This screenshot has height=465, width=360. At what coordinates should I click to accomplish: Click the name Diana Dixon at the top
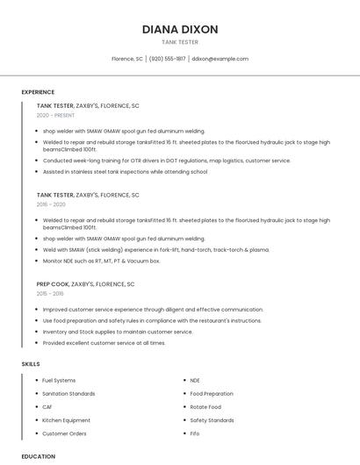click(x=180, y=29)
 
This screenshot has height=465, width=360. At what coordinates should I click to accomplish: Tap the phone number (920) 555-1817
click(x=167, y=59)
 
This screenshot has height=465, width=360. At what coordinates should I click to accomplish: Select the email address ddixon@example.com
click(x=220, y=59)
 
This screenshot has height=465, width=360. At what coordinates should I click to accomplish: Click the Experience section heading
click(x=38, y=92)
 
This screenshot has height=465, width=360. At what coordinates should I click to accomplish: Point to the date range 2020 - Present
click(x=55, y=115)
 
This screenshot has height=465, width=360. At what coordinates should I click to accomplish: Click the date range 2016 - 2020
click(x=51, y=204)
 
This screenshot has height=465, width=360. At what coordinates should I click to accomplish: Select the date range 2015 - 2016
click(x=50, y=294)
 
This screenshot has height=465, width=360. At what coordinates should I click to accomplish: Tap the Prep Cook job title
click(x=54, y=284)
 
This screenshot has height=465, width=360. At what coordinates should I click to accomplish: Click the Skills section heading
click(x=31, y=363)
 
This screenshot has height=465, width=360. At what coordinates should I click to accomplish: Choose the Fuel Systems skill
click(x=59, y=381)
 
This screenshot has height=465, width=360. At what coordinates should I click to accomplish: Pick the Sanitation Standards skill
click(x=68, y=394)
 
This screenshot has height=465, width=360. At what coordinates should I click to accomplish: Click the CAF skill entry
click(x=47, y=407)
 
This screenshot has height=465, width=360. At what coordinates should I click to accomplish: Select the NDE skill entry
click(x=195, y=381)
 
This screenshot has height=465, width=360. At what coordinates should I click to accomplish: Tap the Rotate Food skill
click(x=205, y=407)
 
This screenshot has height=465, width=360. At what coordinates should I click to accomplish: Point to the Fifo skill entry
click(x=195, y=433)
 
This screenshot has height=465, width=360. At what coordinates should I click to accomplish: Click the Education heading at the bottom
click(x=38, y=456)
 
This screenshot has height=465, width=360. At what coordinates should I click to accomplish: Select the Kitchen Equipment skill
click(x=66, y=420)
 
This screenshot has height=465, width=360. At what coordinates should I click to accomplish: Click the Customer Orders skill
click(x=64, y=433)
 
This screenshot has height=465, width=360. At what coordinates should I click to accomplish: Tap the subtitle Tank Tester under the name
click(x=180, y=41)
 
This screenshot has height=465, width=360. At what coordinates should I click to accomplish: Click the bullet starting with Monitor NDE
click(x=101, y=261)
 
